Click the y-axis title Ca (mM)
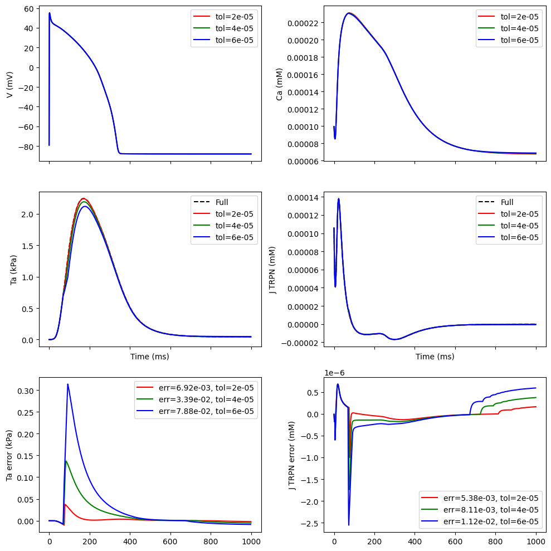[280, 84]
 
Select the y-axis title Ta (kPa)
[13, 270]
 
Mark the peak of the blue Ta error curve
[67, 384]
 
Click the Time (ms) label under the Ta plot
[149, 356]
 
